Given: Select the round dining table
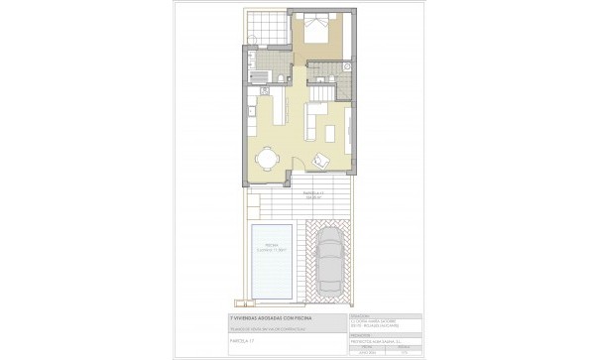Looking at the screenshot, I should tap(267, 158).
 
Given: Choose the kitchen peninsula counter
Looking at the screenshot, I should tap(279, 110).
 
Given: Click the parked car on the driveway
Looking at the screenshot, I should tap(329, 262).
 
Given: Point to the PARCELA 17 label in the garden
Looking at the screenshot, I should tap(314, 193).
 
